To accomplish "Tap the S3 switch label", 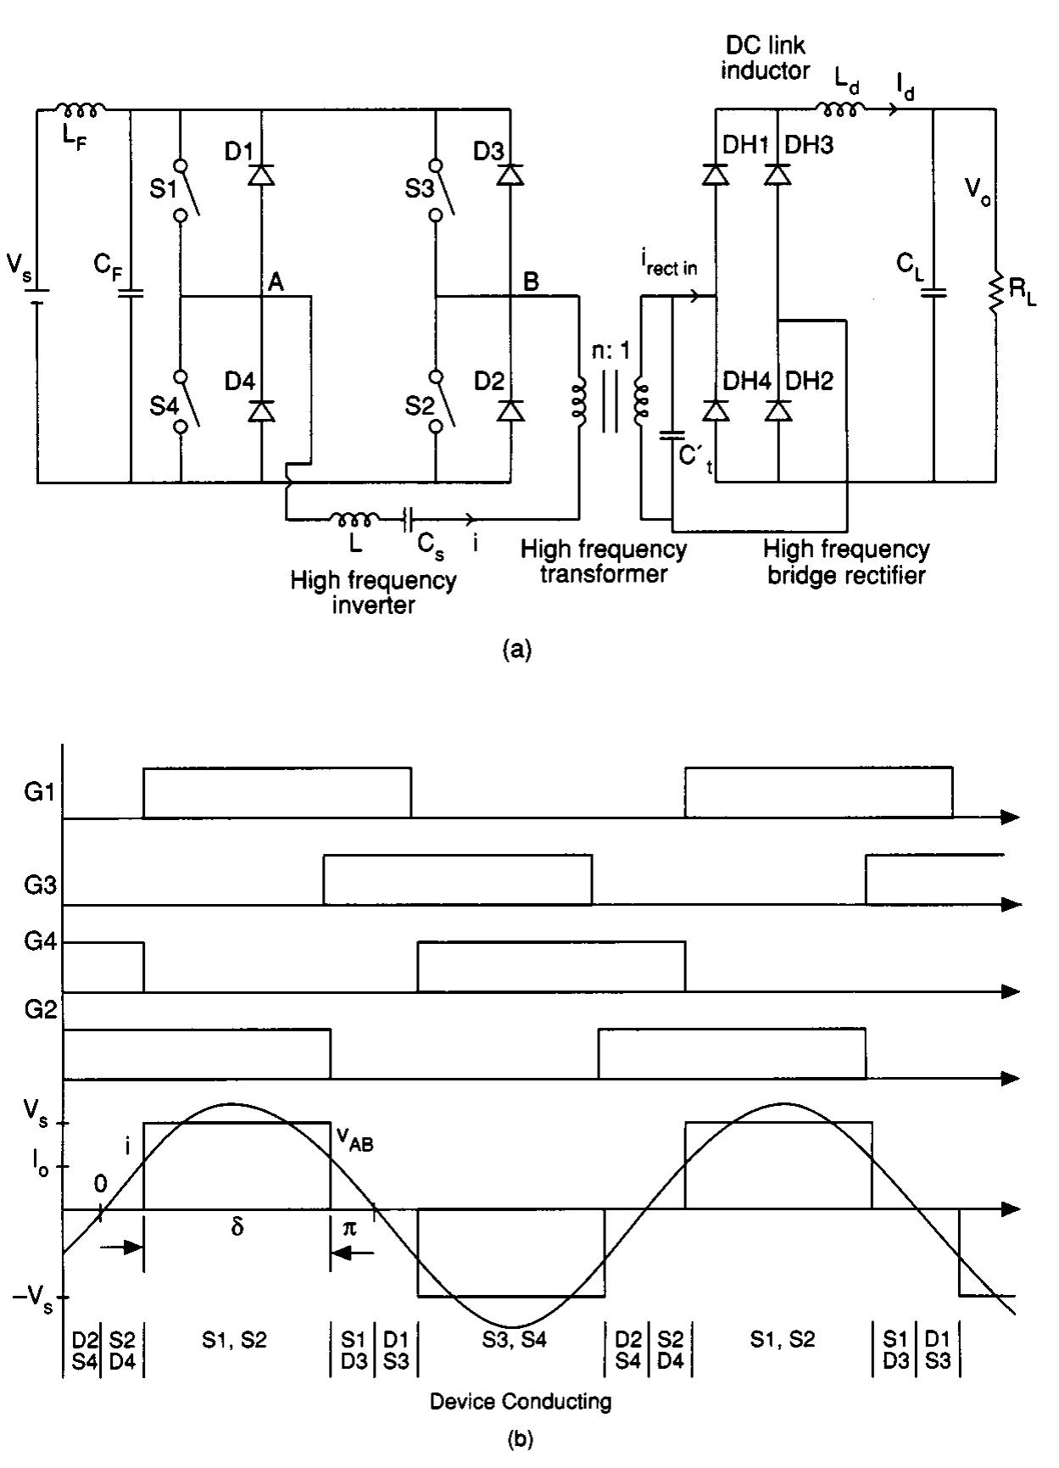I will pyautogui.click(x=419, y=187).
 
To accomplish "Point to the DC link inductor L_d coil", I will pyautogui.click(x=840, y=108).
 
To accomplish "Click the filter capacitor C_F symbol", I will pyautogui.click(x=131, y=293).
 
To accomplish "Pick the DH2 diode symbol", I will pyautogui.click(x=778, y=410).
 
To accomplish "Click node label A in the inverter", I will pyautogui.click(x=275, y=283).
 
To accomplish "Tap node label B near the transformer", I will pyautogui.click(x=531, y=282).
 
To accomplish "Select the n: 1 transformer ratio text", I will pyautogui.click(x=610, y=351).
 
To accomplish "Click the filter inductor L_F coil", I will pyautogui.click(x=81, y=109).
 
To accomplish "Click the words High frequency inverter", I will pyautogui.click(x=373, y=593).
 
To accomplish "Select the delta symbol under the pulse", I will pyautogui.click(x=237, y=1227).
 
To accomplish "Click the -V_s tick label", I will pyautogui.click(x=34, y=1300).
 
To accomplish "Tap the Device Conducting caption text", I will pyautogui.click(x=521, y=1401).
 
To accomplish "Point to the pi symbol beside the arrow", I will pyautogui.click(x=349, y=1227).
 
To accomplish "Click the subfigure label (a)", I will pyautogui.click(x=517, y=650).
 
